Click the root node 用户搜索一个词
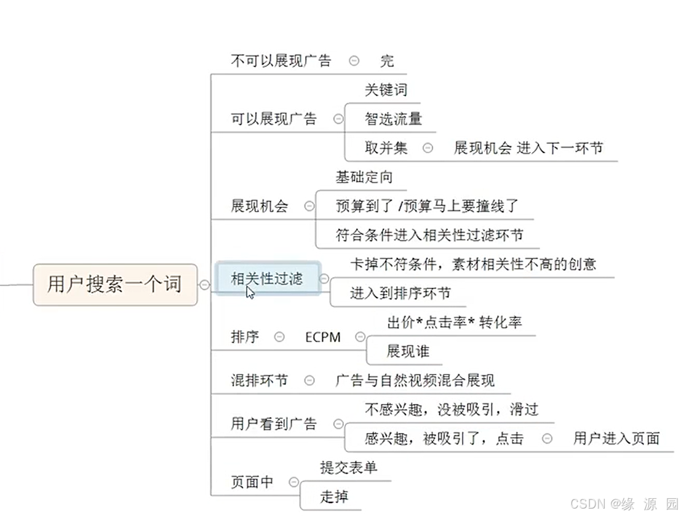[x=115, y=284]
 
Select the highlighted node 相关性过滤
[x=267, y=279]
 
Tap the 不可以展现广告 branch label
[x=281, y=60]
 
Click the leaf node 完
[x=387, y=60]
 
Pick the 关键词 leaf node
[x=386, y=90]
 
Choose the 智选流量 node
[x=393, y=119]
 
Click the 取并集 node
[x=386, y=148]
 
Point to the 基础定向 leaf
[x=364, y=177]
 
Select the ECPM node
[x=322, y=337]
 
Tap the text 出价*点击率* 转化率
[x=455, y=322]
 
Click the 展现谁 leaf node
[x=408, y=351]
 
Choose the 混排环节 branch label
[x=259, y=381]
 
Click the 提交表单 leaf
[x=349, y=467]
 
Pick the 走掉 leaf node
[x=334, y=496]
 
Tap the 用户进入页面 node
[x=616, y=438]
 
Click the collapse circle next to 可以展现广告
[x=338, y=119]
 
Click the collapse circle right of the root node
[x=204, y=284]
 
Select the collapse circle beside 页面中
[x=294, y=482]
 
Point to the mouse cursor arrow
[x=250, y=291]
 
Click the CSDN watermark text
[x=623, y=504]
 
